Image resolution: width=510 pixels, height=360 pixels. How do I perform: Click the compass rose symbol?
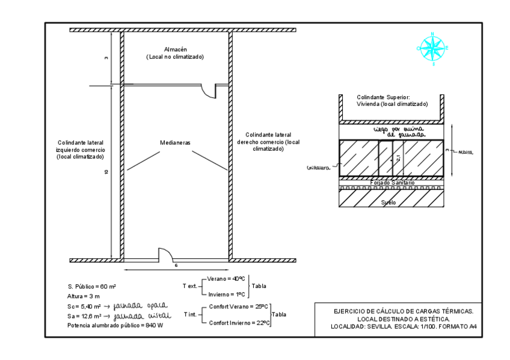[x=431, y=47]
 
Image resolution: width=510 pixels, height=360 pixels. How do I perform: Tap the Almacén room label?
[x=175, y=49]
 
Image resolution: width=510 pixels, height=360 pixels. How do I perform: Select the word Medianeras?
[x=175, y=143]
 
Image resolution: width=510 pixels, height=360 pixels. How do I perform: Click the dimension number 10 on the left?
[x=106, y=172]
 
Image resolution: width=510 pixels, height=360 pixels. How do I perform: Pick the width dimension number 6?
[x=175, y=265]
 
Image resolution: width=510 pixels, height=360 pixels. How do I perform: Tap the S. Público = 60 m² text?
[x=91, y=287]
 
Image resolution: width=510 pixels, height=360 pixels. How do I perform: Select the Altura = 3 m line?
[x=83, y=297]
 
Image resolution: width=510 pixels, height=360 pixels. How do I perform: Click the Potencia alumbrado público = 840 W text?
[x=115, y=325]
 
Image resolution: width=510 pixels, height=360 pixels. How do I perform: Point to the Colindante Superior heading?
[x=382, y=97]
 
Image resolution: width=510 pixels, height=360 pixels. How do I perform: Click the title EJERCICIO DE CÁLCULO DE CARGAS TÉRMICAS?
[x=404, y=311]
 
